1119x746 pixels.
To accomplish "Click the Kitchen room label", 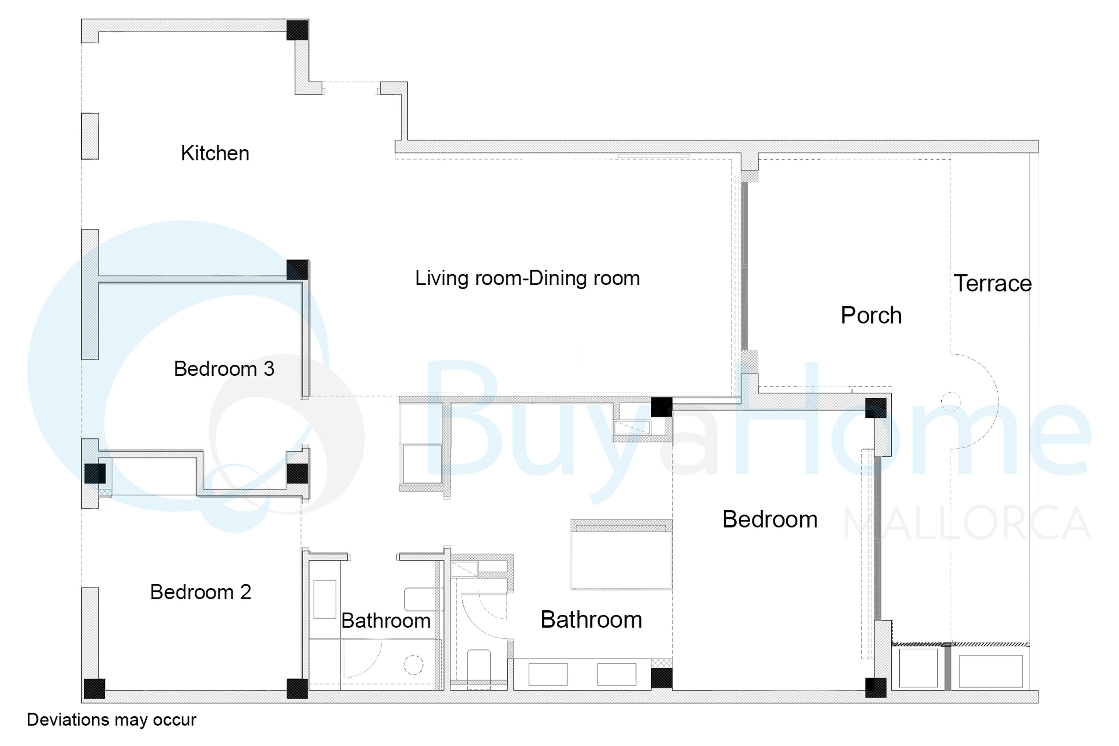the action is point(215,153).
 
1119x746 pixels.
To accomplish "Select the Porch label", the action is point(871,315).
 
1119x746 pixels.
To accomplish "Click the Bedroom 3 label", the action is point(224,369).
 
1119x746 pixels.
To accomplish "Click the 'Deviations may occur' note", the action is point(111,720).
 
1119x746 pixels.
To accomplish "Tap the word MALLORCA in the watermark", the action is point(967,523).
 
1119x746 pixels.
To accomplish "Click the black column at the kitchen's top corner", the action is point(297,30).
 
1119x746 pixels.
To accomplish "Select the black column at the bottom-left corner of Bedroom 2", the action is point(94,688).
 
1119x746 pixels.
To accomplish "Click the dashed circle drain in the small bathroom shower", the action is point(413,665).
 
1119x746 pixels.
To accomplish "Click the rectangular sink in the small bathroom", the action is point(325,599).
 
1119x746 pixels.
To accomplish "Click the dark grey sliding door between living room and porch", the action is point(745,266).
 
